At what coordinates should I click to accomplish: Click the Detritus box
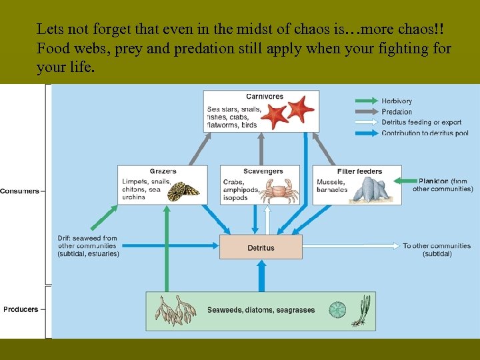261,247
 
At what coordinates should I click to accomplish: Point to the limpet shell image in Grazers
183,191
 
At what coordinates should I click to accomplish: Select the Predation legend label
397,112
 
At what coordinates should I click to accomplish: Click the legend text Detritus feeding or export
421,123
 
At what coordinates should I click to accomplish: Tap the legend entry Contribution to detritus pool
425,133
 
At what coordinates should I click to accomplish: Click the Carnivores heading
264,97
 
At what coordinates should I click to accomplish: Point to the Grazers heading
163,171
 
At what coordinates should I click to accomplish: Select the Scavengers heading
263,171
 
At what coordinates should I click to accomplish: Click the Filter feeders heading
360,171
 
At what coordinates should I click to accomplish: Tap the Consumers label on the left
20,191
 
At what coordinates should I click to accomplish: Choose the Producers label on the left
21,309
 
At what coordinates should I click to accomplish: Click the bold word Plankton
433,181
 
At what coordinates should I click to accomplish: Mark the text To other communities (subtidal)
437,250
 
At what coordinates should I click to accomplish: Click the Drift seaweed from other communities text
88,246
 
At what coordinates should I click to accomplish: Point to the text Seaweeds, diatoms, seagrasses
261,310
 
